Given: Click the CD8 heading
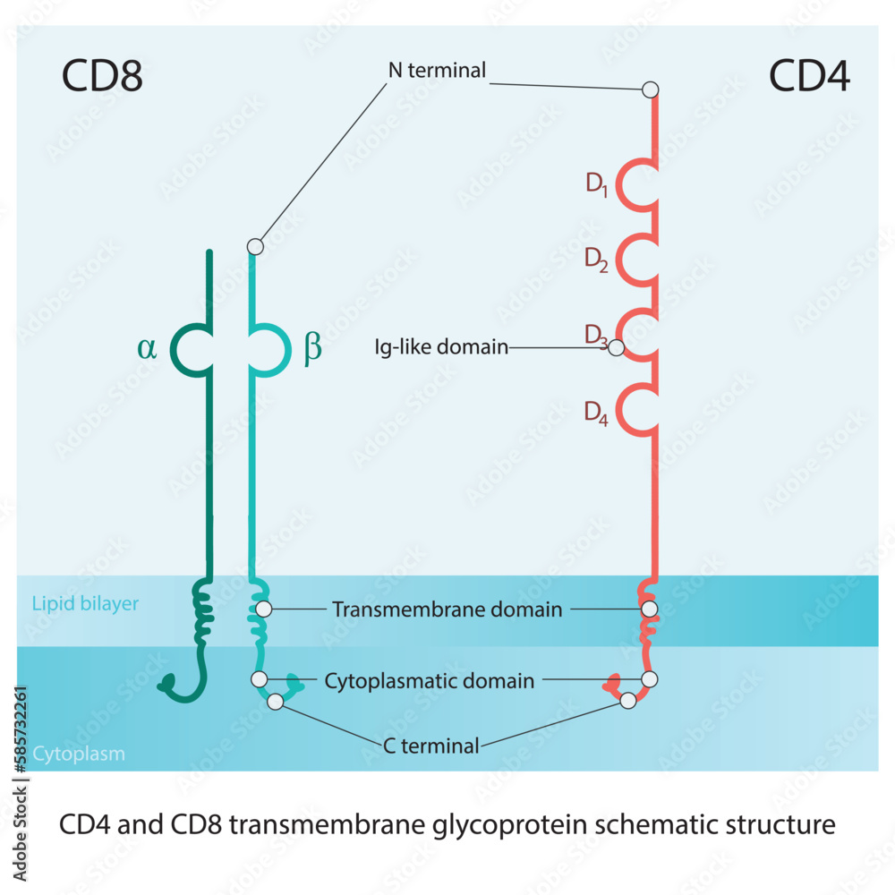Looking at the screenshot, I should tap(102, 77).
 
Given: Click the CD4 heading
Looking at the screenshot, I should tap(810, 77).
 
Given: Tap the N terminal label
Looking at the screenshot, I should tap(437, 70).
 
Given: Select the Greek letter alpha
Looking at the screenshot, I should tap(147, 347).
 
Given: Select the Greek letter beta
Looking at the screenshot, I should tap(312, 348).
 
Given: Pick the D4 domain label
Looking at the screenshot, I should tap(597, 413).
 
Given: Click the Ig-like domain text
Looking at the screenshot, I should tap(441, 346).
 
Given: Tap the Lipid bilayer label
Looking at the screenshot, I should tap(85, 603).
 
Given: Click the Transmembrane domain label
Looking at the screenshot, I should tap(447, 609).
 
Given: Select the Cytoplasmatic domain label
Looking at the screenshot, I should tap(429, 681).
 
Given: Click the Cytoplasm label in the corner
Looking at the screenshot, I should tap(79, 754).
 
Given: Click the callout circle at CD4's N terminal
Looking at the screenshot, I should tap(651, 89).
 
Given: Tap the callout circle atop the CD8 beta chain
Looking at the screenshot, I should tap(255, 246).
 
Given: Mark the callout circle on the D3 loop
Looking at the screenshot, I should tap(616, 348).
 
